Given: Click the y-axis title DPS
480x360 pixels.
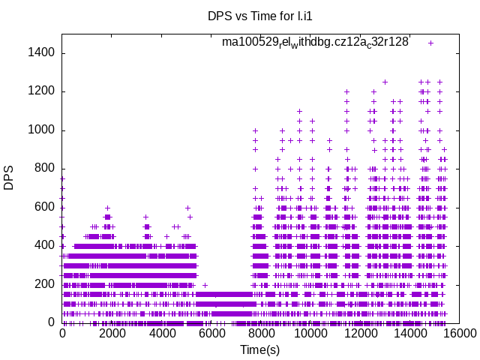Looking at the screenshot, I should (9, 178).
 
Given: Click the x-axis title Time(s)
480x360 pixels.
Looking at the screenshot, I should (259, 349).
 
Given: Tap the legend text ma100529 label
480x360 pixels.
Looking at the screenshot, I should (315, 42).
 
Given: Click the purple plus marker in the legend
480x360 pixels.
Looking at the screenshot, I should (430, 43).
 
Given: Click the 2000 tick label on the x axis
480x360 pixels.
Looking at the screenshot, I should (112, 334).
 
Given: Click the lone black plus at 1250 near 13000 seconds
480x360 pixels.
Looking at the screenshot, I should (385, 82).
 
